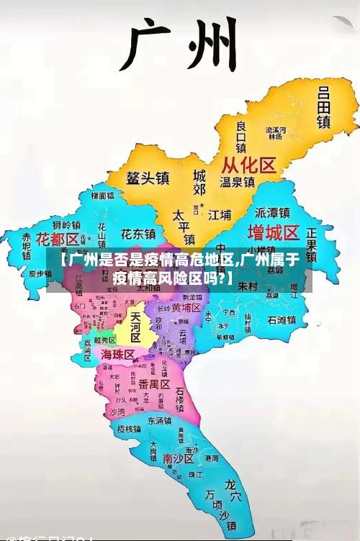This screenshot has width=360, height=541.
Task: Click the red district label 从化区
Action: tap(248, 166)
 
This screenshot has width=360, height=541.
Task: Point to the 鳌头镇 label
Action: tap(148, 178)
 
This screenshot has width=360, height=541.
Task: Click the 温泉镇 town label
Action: tap(237, 183)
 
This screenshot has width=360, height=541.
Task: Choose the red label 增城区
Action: tap(273, 232)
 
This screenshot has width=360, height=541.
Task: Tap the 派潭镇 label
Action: tap(272, 213)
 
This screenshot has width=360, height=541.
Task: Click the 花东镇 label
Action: tap(138, 235)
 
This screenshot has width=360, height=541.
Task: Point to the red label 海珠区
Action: tap(117, 355)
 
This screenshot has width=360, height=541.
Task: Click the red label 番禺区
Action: tap(154, 383)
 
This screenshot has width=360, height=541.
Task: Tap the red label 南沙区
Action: tap(178, 458)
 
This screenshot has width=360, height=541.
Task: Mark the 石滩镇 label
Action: tap(282, 320)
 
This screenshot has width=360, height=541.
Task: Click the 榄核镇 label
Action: tap(130, 429)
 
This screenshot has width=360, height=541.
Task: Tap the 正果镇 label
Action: tap(312, 245)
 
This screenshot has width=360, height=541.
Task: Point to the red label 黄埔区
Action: tap(186, 308)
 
